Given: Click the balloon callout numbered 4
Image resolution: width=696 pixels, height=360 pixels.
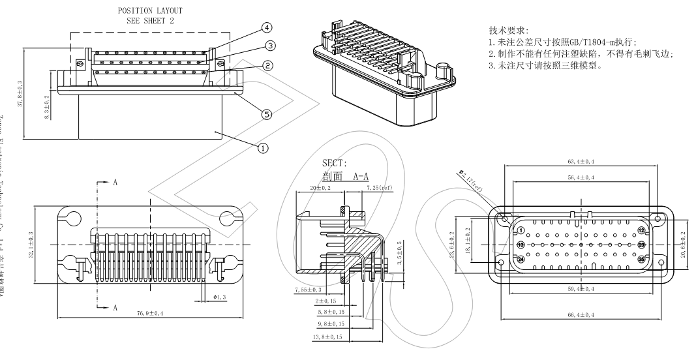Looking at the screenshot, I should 266,27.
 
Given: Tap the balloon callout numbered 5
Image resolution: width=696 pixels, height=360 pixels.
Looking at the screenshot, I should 266,114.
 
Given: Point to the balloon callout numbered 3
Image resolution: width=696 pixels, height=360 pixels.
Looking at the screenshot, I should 270,46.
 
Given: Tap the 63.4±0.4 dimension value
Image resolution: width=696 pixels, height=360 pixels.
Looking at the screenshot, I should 579,161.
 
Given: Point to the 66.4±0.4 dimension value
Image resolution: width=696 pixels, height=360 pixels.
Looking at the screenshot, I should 579,315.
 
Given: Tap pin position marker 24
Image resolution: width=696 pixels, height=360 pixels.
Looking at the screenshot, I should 521,259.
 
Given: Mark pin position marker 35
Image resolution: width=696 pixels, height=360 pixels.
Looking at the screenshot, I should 641,259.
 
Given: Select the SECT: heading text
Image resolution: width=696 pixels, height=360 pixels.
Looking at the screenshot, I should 335,162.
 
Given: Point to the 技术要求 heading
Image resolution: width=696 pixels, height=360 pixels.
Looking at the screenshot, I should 508,31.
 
